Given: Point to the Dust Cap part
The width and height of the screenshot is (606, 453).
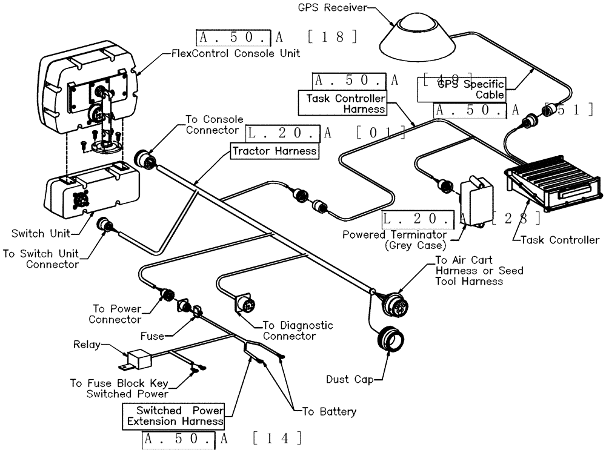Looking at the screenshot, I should pyautogui.click(x=390, y=340).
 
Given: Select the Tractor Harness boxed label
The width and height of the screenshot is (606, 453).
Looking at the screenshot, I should pyautogui.click(x=274, y=151).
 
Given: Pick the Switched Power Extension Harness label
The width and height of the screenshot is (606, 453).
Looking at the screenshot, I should pyautogui.click(x=172, y=415).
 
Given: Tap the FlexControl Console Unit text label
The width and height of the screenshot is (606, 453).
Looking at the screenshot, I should pyautogui.click(x=232, y=53).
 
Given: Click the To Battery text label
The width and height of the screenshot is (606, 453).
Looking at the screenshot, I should pyautogui.click(x=329, y=411).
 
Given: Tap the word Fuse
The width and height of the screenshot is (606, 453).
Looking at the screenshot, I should pyautogui.click(x=151, y=336).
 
